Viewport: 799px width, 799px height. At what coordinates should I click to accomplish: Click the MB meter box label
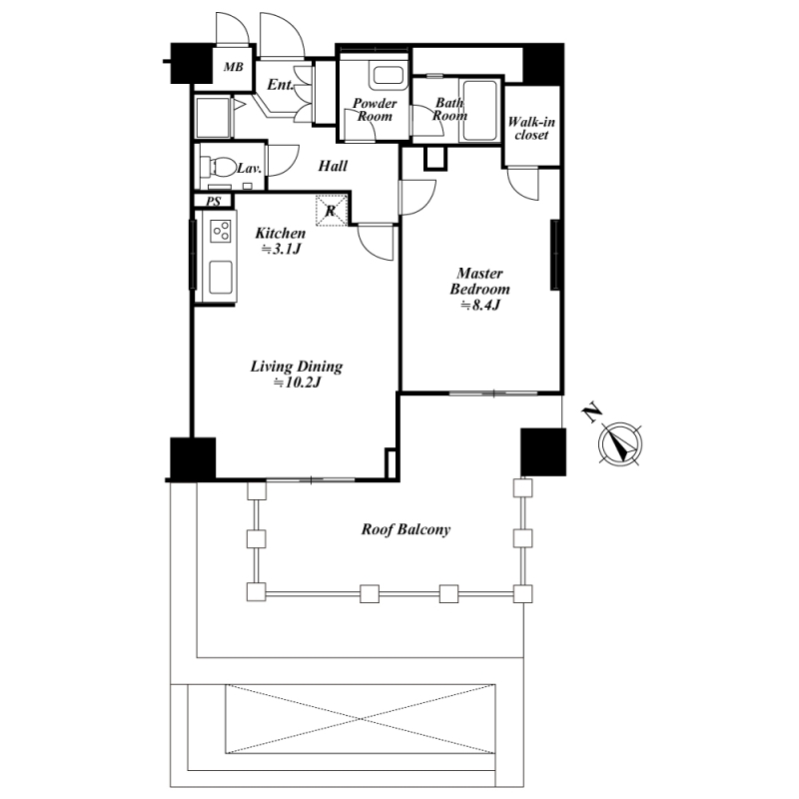pos(234,67)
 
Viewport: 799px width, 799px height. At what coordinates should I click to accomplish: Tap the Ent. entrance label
pos(281,85)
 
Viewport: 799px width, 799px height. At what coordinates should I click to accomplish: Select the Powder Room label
pos(375,110)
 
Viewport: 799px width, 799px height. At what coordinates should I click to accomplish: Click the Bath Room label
pos(449,109)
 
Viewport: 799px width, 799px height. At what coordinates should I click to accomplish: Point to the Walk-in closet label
pos(531,128)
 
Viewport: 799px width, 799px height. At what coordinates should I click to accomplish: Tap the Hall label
pos(333,166)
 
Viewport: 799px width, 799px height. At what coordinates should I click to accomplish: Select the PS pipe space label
pos(214,202)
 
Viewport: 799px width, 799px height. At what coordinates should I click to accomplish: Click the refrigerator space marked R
pos(332,210)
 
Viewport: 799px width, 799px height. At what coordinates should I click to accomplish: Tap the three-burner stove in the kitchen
pos(221,231)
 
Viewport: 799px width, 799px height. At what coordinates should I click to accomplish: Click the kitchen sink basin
pos(221,278)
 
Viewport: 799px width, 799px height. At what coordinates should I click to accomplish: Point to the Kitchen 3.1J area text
pos(281,241)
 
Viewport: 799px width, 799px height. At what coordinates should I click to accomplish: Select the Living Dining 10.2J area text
pos(297,374)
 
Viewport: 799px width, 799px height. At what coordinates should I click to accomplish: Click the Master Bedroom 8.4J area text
pos(479,289)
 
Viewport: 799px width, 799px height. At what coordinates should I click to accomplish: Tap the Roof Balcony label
pos(406,529)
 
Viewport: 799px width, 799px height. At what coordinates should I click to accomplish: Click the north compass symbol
pos(620,443)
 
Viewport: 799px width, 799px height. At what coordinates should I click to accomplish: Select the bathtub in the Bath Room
pos(478,110)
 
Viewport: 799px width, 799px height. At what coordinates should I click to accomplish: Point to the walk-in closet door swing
pos(523,184)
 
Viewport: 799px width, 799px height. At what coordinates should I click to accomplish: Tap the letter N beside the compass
pos(591,412)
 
